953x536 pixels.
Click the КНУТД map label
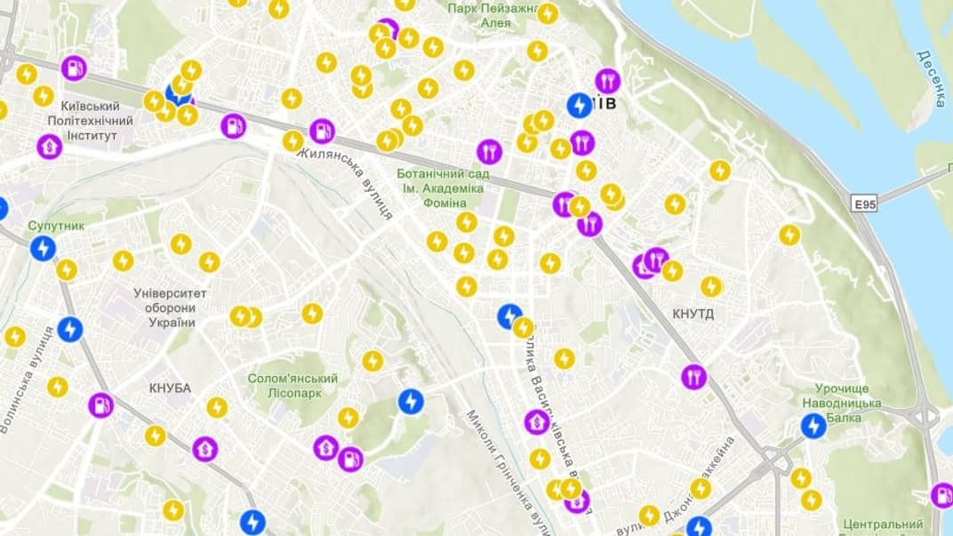693,314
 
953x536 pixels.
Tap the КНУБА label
170,388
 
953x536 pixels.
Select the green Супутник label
56,226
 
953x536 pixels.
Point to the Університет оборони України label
170,307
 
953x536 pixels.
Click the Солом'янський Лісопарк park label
292,386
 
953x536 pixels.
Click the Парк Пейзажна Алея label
493,15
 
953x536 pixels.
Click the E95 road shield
865,204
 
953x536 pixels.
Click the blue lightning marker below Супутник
42,248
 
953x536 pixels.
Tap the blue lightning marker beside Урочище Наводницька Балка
813,427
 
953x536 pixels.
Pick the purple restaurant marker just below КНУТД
693,377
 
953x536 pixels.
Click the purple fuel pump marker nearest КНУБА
100,405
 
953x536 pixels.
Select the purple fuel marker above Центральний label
941,495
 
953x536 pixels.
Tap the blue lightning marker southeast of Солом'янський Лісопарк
410,402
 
